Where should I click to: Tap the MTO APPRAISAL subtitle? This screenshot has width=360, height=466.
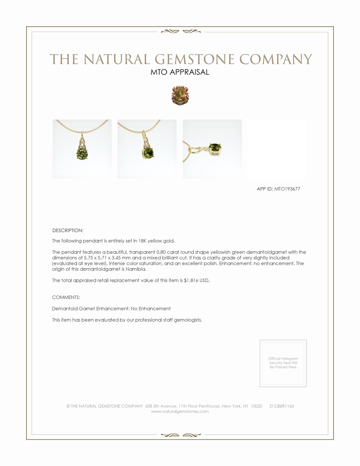[180, 72]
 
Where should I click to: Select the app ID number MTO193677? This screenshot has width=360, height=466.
[287, 189]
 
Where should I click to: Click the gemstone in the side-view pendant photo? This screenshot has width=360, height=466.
[215, 148]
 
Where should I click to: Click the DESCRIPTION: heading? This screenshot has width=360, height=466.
[68, 231]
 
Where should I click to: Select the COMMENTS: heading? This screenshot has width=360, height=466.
[66, 297]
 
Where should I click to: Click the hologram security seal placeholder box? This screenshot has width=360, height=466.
[283, 363]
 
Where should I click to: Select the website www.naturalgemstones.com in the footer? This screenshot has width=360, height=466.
[180, 412]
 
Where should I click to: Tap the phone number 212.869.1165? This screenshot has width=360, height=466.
[281, 406]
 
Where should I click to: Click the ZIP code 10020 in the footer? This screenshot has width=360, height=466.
[256, 406]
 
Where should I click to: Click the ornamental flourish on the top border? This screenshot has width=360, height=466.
[180, 31]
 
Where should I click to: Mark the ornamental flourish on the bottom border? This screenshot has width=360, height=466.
[180, 435]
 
